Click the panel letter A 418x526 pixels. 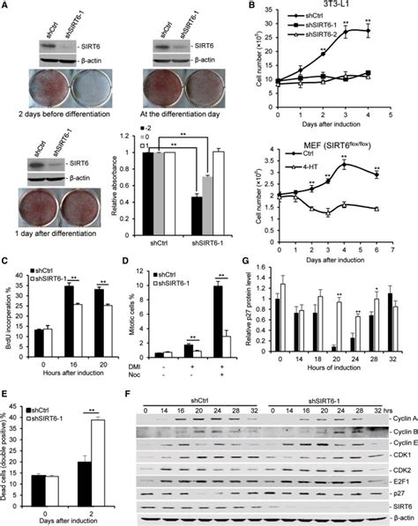pyautogui.click(x=8, y=7)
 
